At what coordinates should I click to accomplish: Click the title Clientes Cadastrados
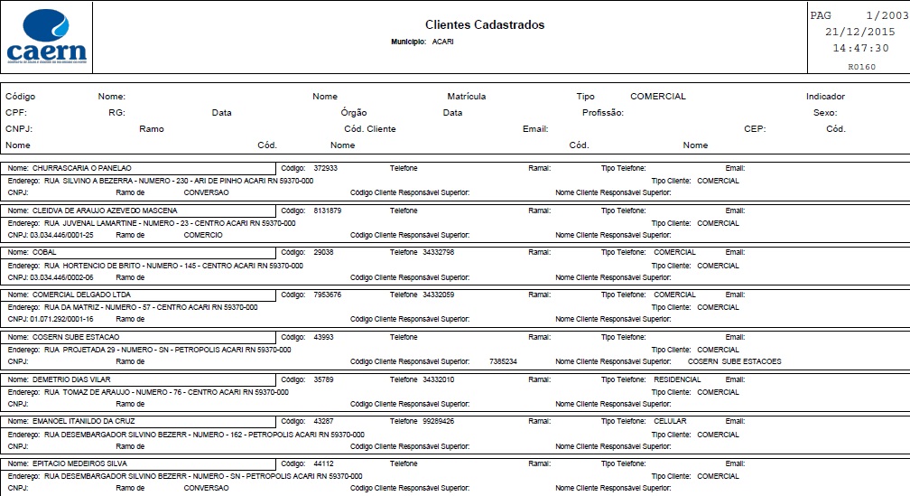(x=485, y=24)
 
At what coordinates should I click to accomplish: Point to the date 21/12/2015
(x=859, y=32)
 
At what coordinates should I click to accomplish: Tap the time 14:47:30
(x=860, y=48)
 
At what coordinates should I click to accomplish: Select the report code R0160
(x=862, y=66)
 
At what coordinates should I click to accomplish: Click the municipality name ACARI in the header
(x=443, y=42)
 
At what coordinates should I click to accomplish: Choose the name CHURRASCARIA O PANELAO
(x=82, y=168)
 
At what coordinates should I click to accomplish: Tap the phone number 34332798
(x=438, y=252)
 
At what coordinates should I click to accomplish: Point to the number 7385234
(x=503, y=361)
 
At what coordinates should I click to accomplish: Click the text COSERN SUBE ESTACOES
(x=735, y=361)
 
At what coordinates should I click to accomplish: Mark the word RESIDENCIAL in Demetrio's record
(x=677, y=379)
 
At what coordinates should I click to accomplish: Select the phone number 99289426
(x=438, y=421)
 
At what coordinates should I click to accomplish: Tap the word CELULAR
(x=671, y=421)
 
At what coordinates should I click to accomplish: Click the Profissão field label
(x=603, y=113)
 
